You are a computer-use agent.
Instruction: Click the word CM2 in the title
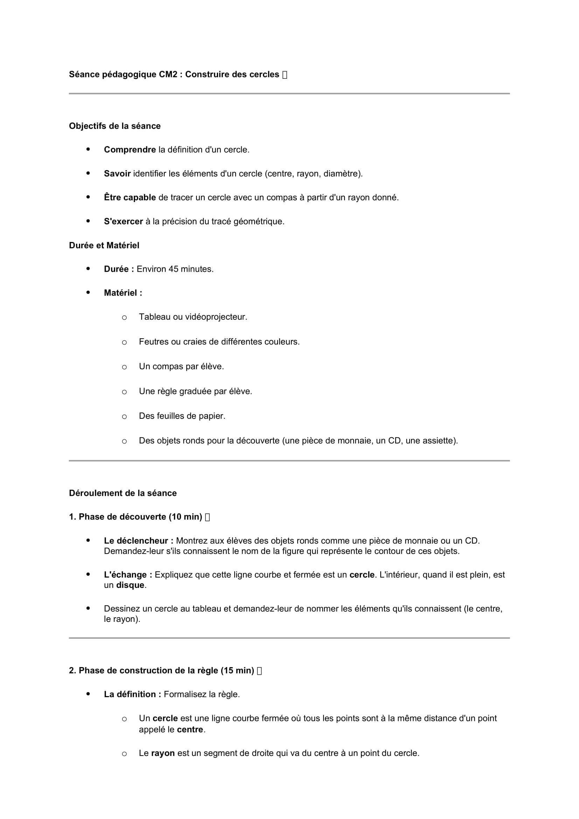[x=168, y=74]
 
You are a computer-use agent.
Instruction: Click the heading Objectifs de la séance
[x=115, y=126]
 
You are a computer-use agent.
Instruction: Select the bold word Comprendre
[x=130, y=150]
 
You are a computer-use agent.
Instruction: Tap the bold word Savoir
[x=117, y=174]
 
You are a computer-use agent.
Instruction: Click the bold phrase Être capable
[x=130, y=197]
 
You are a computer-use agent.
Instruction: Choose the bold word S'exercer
[x=123, y=222]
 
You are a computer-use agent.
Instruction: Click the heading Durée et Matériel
[x=104, y=245]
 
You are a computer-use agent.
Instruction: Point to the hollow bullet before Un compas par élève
[x=124, y=367]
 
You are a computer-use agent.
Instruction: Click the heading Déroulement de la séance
[x=123, y=493]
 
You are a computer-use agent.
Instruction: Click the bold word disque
[x=130, y=585]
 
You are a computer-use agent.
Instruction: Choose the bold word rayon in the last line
[x=163, y=753]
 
